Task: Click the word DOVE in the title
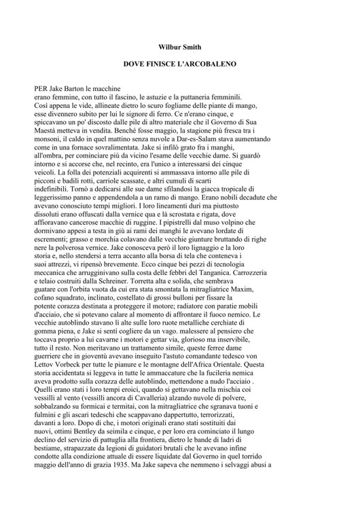point(135,69)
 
